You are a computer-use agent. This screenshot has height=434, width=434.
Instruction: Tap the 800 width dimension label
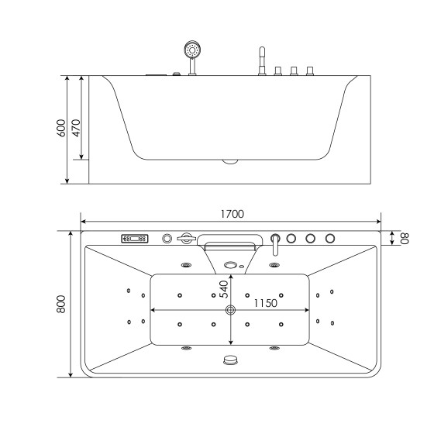(61, 304)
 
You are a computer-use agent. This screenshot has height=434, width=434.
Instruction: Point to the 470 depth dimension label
(77, 127)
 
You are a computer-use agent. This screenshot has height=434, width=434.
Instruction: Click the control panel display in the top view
(133, 239)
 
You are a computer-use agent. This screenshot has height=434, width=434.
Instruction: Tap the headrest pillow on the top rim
(230, 242)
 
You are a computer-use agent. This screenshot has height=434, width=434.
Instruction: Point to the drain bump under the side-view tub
(230, 162)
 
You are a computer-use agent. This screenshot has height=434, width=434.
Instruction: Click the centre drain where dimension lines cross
(230, 311)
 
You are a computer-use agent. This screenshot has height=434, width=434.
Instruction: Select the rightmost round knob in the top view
(330, 238)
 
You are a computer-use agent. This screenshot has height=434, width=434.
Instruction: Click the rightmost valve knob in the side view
(310, 71)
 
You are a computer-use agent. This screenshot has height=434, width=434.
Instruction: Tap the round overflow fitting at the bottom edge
(230, 360)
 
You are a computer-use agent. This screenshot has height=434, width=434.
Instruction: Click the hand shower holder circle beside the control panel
(166, 239)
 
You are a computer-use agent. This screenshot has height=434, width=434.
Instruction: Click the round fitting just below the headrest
(230, 266)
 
